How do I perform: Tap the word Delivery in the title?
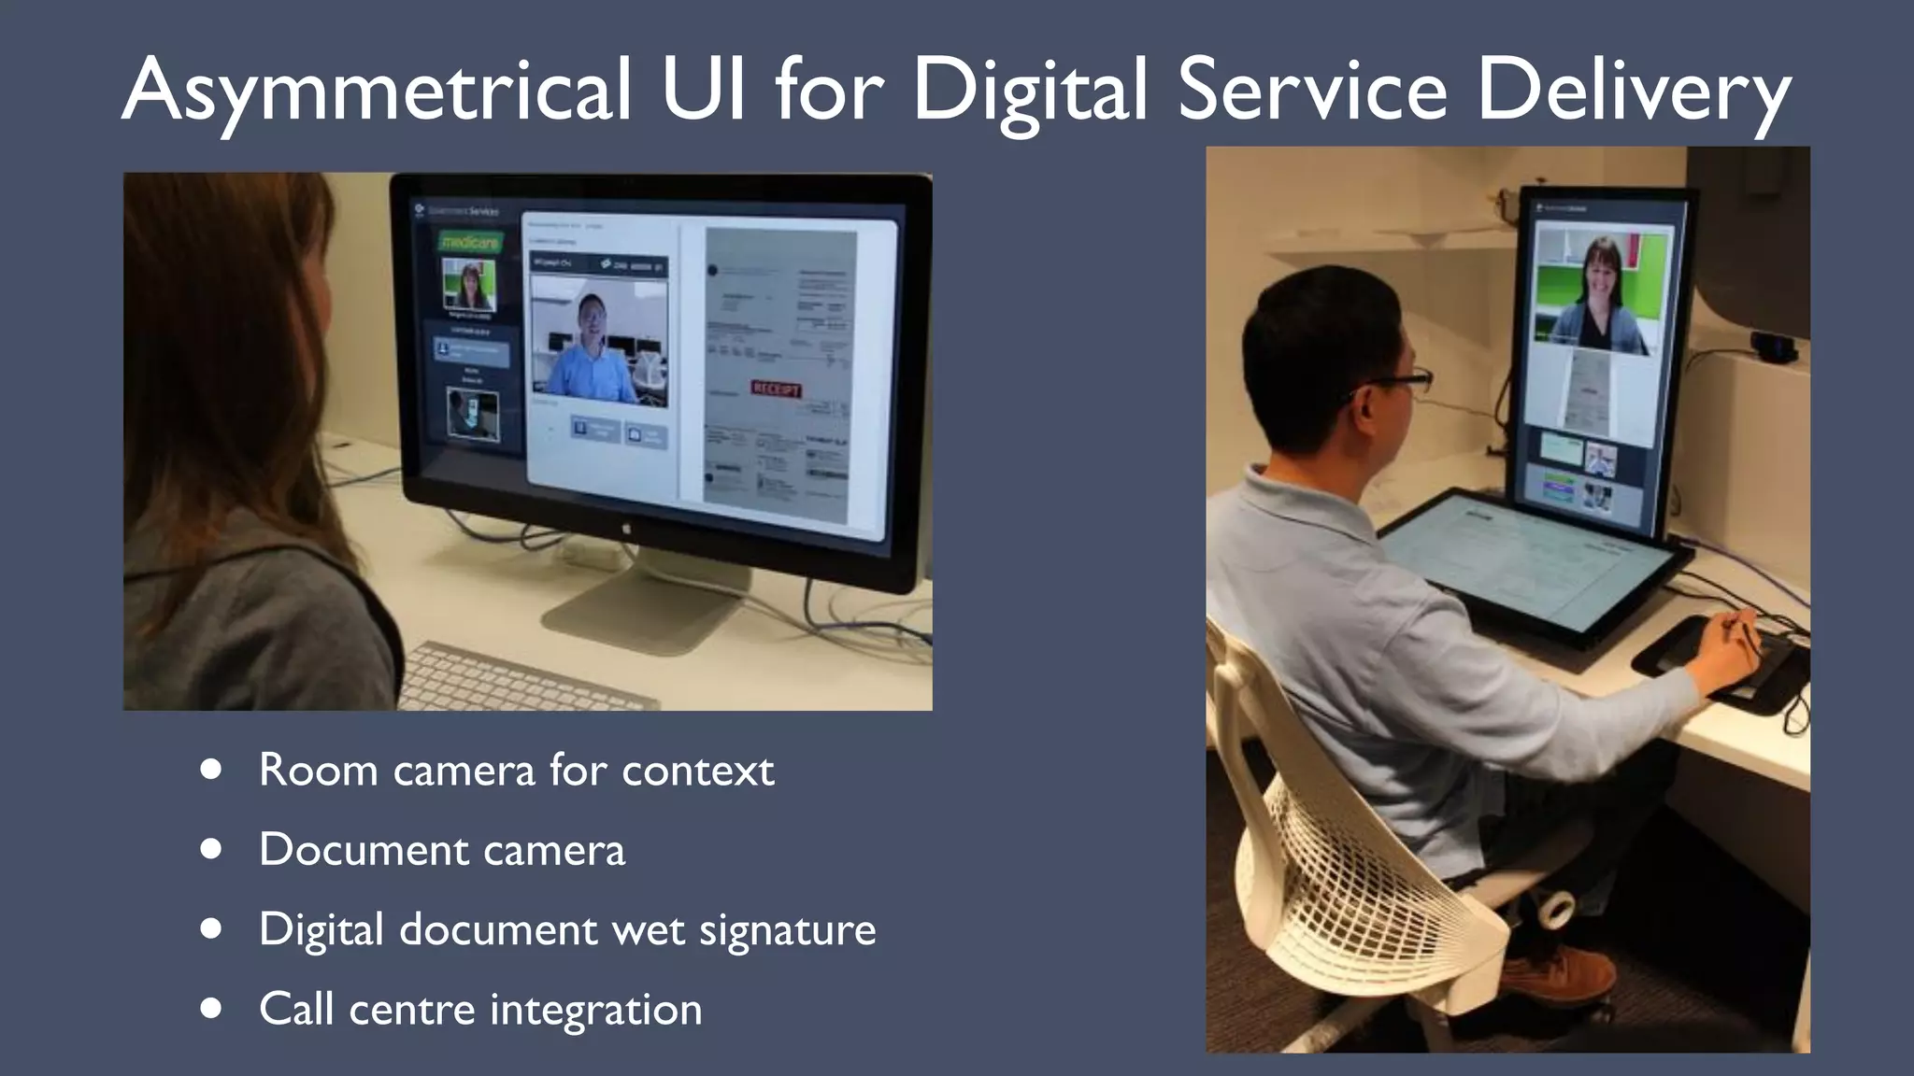[1634, 92]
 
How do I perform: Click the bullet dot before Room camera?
[211, 770]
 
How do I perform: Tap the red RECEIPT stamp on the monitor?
[776, 389]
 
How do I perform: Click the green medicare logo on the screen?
[471, 242]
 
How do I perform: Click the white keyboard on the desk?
[523, 677]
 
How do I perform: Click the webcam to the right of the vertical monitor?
[1773, 347]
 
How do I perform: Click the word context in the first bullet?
[697, 771]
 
